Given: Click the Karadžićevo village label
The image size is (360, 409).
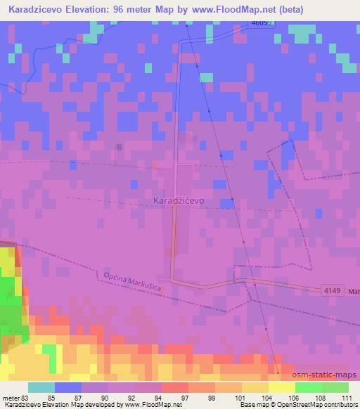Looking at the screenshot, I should click(178, 200).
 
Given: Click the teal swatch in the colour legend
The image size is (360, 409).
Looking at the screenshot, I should click(41, 387).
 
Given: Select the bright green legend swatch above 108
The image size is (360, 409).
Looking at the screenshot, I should click(309, 387).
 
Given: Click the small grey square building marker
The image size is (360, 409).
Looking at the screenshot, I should click(120, 147).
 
